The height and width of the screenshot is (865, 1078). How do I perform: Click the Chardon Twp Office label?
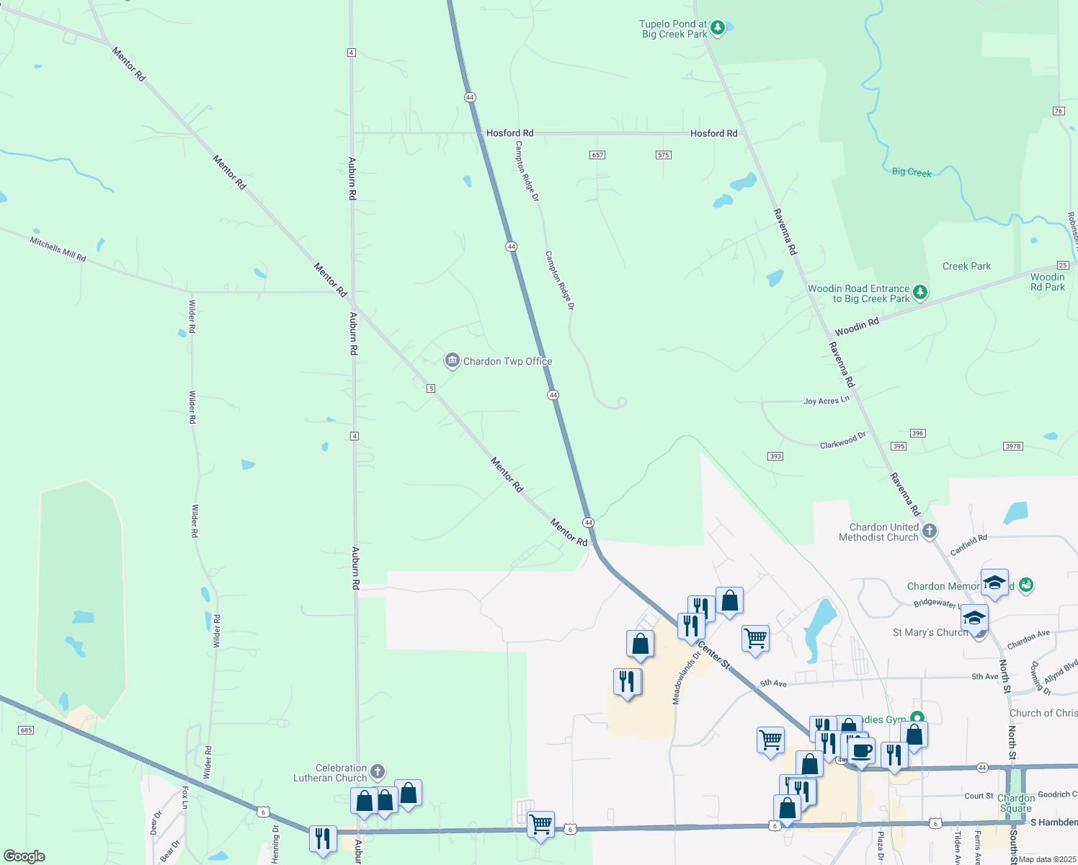[x=507, y=361]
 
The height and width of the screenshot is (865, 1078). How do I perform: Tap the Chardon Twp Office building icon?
[x=452, y=360]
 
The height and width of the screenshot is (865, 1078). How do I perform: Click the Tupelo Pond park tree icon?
[x=717, y=29]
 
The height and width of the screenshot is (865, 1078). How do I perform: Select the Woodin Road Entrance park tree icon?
[x=920, y=293]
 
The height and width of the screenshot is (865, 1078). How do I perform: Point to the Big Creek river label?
[x=912, y=172]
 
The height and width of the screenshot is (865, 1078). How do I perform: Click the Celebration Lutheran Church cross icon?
[x=378, y=773]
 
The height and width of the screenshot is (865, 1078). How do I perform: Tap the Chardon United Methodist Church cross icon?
[x=930, y=532]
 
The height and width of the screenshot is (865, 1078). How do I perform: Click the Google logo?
[x=24, y=856]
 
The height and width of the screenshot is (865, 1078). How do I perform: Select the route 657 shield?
[x=597, y=155]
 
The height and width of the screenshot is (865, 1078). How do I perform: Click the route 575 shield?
[x=664, y=155]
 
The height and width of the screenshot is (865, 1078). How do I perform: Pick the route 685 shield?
[x=26, y=730]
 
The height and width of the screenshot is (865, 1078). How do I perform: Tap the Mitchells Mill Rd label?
[x=58, y=249]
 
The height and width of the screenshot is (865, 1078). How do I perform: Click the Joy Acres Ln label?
[x=827, y=400]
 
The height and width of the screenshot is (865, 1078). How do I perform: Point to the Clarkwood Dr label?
[x=842, y=440]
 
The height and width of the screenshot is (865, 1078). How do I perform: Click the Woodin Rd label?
[x=857, y=327]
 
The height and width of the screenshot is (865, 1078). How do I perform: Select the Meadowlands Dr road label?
[x=686, y=678]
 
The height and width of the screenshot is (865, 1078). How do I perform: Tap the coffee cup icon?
[x=861, y=751]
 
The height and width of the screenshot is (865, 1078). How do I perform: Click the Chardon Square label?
[x=1016, y=803]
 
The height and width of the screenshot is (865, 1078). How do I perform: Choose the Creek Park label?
[x=966, y=266]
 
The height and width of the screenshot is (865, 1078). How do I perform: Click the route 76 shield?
[x=1059, y=111]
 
